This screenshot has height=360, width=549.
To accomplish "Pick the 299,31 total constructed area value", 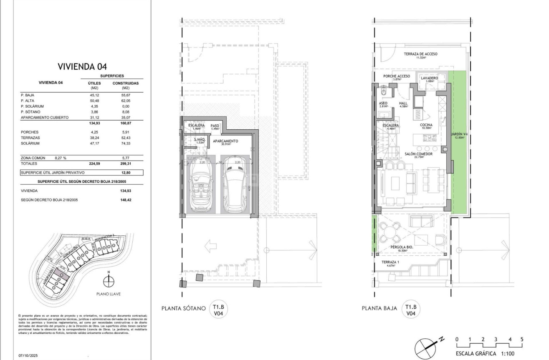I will click(125, 164).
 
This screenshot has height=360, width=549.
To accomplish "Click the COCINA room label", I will click(426, 125).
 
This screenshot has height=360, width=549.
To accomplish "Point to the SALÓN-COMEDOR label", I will click(418, 154).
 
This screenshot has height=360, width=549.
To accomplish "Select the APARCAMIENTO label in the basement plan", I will click(225, 141).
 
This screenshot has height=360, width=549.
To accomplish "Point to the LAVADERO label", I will click(429, 78).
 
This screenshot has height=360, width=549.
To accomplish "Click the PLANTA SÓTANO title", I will click(184, 309).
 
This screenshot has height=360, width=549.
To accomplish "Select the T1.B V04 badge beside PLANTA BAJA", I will click(410, 310).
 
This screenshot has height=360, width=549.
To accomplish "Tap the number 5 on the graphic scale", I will click(522, 339).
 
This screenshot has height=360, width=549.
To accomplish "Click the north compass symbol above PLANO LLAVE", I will click(109, 281).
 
